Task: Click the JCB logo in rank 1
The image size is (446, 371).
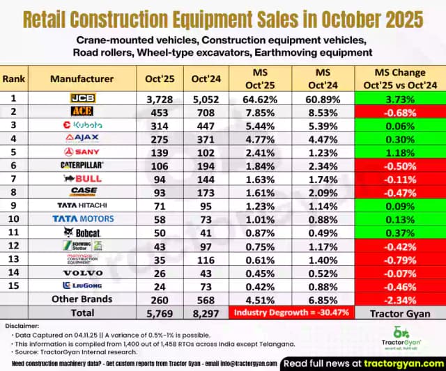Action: (x=82, y=99)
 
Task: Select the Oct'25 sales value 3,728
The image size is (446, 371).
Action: (x=160, y=99)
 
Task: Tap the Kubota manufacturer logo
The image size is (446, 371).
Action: (x=82, y=125)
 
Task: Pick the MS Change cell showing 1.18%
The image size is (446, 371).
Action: (x=395, y=151)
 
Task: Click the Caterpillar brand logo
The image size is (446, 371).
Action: (x=82, y=164)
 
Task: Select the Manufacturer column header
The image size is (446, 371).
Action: (x=82, y=79)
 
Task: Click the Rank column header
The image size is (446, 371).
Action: (x=14, y=79)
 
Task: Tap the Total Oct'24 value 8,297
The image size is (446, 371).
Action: (x=206, y=313)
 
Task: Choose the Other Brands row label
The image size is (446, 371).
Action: (x=82, y=300)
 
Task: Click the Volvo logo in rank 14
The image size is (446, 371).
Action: (x=82, y=272)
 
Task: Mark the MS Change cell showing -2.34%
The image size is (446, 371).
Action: (x=395, y=300)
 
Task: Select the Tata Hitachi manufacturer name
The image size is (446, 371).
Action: (x=82, y=205)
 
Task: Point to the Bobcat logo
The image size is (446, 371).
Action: (x=82, y=232)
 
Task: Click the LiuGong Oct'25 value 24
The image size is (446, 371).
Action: (x=160, y=286)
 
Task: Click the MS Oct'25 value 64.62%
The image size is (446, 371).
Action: (x=254, y=99)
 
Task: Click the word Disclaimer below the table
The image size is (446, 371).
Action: (x=22, y=325)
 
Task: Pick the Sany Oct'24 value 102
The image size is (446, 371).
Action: (x=206, y=151)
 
